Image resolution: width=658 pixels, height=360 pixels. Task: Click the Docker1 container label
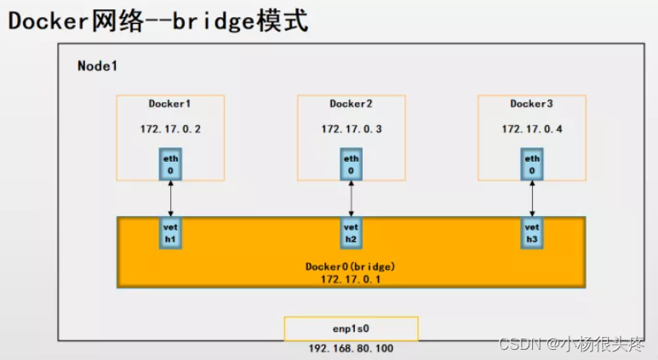[170, 105]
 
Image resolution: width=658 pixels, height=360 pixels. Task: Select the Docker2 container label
[351, 105]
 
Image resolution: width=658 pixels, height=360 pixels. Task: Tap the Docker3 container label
[531, 105]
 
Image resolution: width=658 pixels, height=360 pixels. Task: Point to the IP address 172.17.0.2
[170, 129]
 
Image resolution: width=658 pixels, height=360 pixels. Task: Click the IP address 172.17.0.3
[351, 129]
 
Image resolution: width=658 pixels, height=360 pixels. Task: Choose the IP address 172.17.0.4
[531, 129]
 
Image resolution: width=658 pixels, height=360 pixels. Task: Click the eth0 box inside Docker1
[171, 163]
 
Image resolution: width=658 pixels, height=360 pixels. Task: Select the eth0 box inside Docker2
[352, 163]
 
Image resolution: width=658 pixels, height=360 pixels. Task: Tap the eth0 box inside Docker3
[532, 163]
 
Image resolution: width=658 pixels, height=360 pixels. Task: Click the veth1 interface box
[171, 233]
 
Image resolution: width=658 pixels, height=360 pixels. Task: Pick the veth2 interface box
[352, 233]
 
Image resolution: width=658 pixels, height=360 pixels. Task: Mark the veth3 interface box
[532, 233]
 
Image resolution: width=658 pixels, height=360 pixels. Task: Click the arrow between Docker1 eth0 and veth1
[171, 198]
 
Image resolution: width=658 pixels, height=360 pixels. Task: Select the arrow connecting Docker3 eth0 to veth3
[532, 198]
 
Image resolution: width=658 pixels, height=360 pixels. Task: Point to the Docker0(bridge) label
[351, 266]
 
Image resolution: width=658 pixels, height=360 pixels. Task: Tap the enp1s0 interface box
[351, 329]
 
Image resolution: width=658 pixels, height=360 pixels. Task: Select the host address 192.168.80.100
[351, 349]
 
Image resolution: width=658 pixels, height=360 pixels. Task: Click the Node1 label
[97, 66]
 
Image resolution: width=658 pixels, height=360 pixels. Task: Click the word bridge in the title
[212, 20]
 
